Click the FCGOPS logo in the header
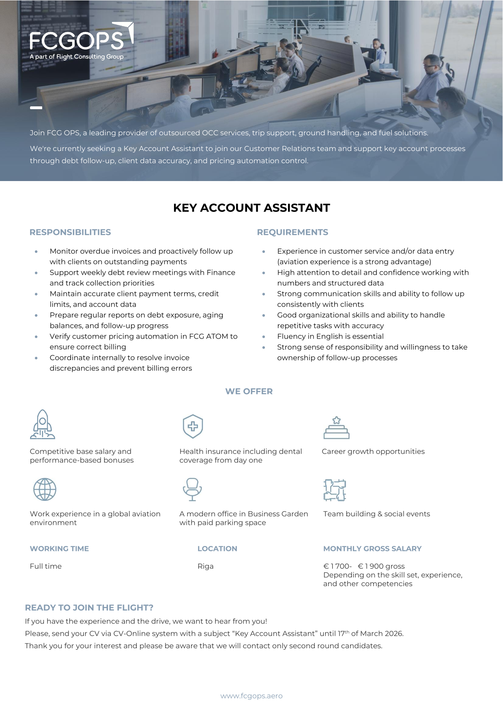81,41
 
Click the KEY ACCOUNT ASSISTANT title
251,208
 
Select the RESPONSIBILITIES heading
70,232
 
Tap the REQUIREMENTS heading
292,232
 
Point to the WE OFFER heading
249,391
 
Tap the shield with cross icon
193,426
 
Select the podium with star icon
336,428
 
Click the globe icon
45,489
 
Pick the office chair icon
192,489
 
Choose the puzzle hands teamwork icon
335,490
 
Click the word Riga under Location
206,566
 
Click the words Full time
46,566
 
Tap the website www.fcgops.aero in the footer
251,696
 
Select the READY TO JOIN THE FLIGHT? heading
89,608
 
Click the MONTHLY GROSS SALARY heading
372,549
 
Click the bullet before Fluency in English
264,337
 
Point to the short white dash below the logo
36,108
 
